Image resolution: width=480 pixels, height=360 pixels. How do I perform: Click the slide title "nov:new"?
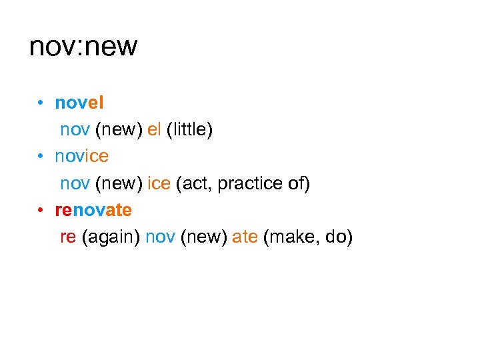click(83, 47)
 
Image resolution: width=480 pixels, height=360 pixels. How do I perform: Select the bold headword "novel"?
click(79, 103)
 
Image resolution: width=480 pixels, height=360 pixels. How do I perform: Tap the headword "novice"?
click(81, 157)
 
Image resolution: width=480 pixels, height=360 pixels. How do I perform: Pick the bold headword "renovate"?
click(93, 211)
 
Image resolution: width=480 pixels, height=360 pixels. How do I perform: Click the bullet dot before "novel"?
click(41, 103)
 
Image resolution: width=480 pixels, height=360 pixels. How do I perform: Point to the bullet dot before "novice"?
click(41, 157)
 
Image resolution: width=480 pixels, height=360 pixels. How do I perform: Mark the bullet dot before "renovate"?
click(41, 211)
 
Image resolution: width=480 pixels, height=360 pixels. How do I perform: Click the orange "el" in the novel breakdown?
click(155, 130)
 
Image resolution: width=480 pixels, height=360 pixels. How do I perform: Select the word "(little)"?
click(190, 130)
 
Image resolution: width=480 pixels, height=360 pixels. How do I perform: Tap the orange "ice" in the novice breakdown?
click(159, 184)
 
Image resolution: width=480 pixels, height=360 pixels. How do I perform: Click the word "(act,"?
click(195, 184)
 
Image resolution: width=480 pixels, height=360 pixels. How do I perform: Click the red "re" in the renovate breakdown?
click(68, 238)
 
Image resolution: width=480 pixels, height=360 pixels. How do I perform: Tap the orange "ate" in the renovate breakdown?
click(245, 238)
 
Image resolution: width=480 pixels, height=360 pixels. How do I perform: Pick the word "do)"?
click(339, 238)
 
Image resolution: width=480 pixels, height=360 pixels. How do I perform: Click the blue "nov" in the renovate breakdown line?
click(160, 238)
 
